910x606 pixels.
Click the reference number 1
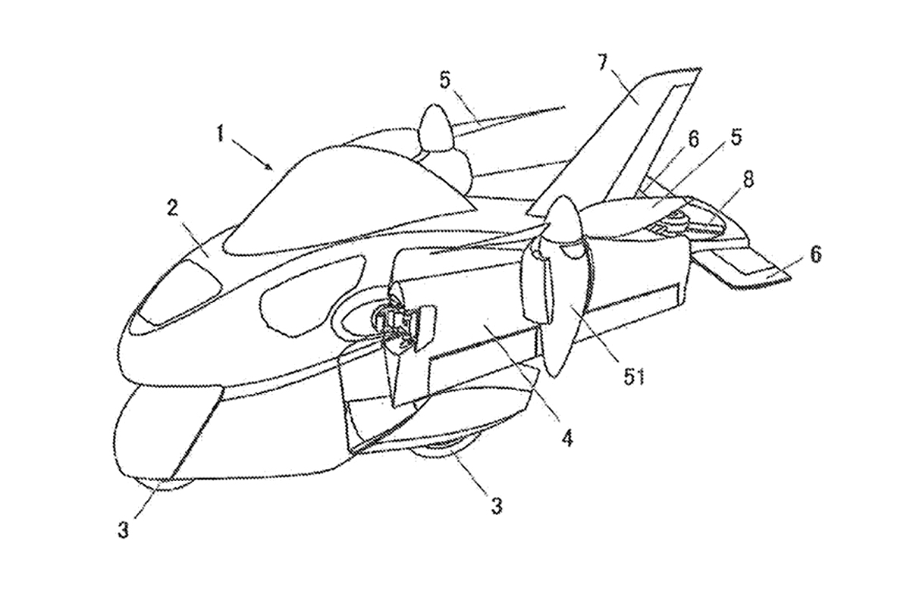point(220,133)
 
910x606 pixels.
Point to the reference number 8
point(748,179)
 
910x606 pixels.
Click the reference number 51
point(634,377)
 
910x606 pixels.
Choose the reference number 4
point(567,438)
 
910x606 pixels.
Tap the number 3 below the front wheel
point(124,530)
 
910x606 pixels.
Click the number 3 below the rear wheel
point(497,506)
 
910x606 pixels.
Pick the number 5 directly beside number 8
point(735,138)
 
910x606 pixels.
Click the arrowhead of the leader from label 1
point(268,167)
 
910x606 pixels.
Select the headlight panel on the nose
point(179,292)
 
